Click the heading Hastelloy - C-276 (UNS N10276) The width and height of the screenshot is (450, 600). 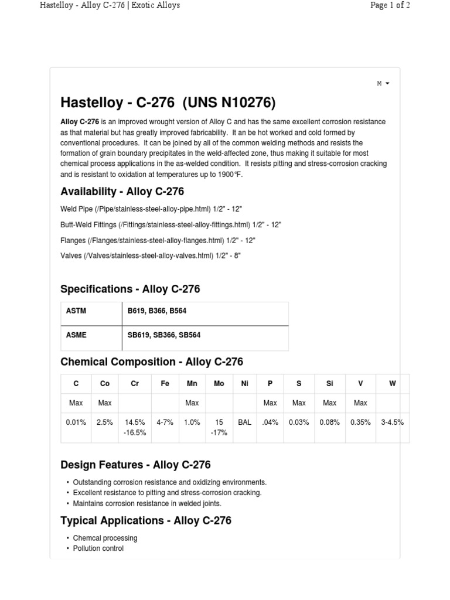[x=168, y=103]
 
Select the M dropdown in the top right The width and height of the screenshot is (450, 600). [x=383, y=84]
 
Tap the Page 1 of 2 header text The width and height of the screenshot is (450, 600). [x=390, y=5]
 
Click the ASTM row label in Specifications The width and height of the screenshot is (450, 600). [x=76, y=311]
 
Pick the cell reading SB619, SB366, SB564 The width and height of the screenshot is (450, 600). [x=164, y=335]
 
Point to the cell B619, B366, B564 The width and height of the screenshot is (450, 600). [x=157, y=311]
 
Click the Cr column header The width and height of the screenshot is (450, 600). [x=135, y=384]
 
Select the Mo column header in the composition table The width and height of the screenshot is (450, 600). [x=219, y=384]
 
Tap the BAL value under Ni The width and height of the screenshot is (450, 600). [x=244, y=422]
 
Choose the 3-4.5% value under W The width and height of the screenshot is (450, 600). [x=392, y=422]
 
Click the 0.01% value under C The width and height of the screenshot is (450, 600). [x=76, y=422]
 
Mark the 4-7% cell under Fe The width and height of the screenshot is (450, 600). [x=165, y=422]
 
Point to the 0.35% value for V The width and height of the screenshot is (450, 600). [x=360, y=422]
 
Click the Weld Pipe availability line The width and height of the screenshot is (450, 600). [x=151, y=209]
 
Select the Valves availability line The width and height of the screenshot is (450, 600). [x=151, y=255]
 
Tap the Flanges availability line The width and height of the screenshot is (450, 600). [x=158, y=240]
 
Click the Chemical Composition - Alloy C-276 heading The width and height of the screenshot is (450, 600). [x=151, y=362]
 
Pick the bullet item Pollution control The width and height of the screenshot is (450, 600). [x=98, y=548]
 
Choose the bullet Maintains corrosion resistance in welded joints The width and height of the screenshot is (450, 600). [x=146, y=503]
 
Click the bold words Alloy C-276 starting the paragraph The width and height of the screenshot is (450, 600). [x=80, y=122]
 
